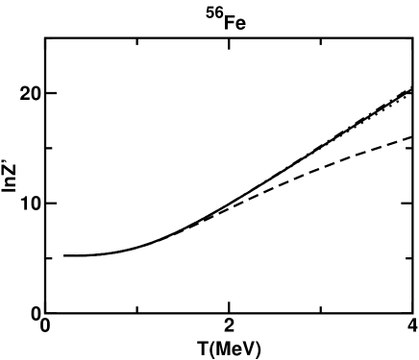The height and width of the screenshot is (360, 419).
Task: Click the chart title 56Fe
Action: pyautogui.click(x=228, y=16)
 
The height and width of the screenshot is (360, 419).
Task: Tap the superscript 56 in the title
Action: pyautogui.click(x=217, y=12)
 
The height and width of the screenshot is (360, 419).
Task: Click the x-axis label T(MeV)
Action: pyautogui.click(x=228, y=348)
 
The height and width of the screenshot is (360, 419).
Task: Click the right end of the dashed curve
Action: pyautogui.click(x=411, y=136)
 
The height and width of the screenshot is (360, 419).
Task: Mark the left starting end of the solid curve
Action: pyautogui.click(x=64, y=255)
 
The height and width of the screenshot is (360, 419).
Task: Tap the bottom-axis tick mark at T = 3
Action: pyautogui.click(x=320, y=309)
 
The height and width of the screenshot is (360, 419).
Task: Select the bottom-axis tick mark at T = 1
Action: pyautogui.click(x=137, y=309)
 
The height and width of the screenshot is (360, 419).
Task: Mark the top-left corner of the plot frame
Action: pyautogui.click(x=46, y=38)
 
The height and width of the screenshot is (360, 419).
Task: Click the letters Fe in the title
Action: pyautogui.click(x=234, y=17)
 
